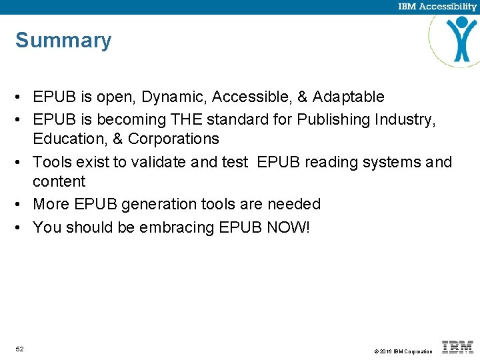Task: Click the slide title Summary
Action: pos(63,41)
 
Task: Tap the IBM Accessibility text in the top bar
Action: pos(437,7)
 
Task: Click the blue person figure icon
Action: pos(461,39)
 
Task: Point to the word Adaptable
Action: pos(349,97)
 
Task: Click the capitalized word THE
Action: pos(188,120)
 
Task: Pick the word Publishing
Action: pos(329,120)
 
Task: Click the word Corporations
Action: pos(173,139)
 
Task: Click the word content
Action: pos(59,181)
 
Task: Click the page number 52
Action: pos(20,349)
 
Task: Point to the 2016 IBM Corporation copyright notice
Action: pos(403,351)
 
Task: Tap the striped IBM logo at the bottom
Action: pos(458,347)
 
